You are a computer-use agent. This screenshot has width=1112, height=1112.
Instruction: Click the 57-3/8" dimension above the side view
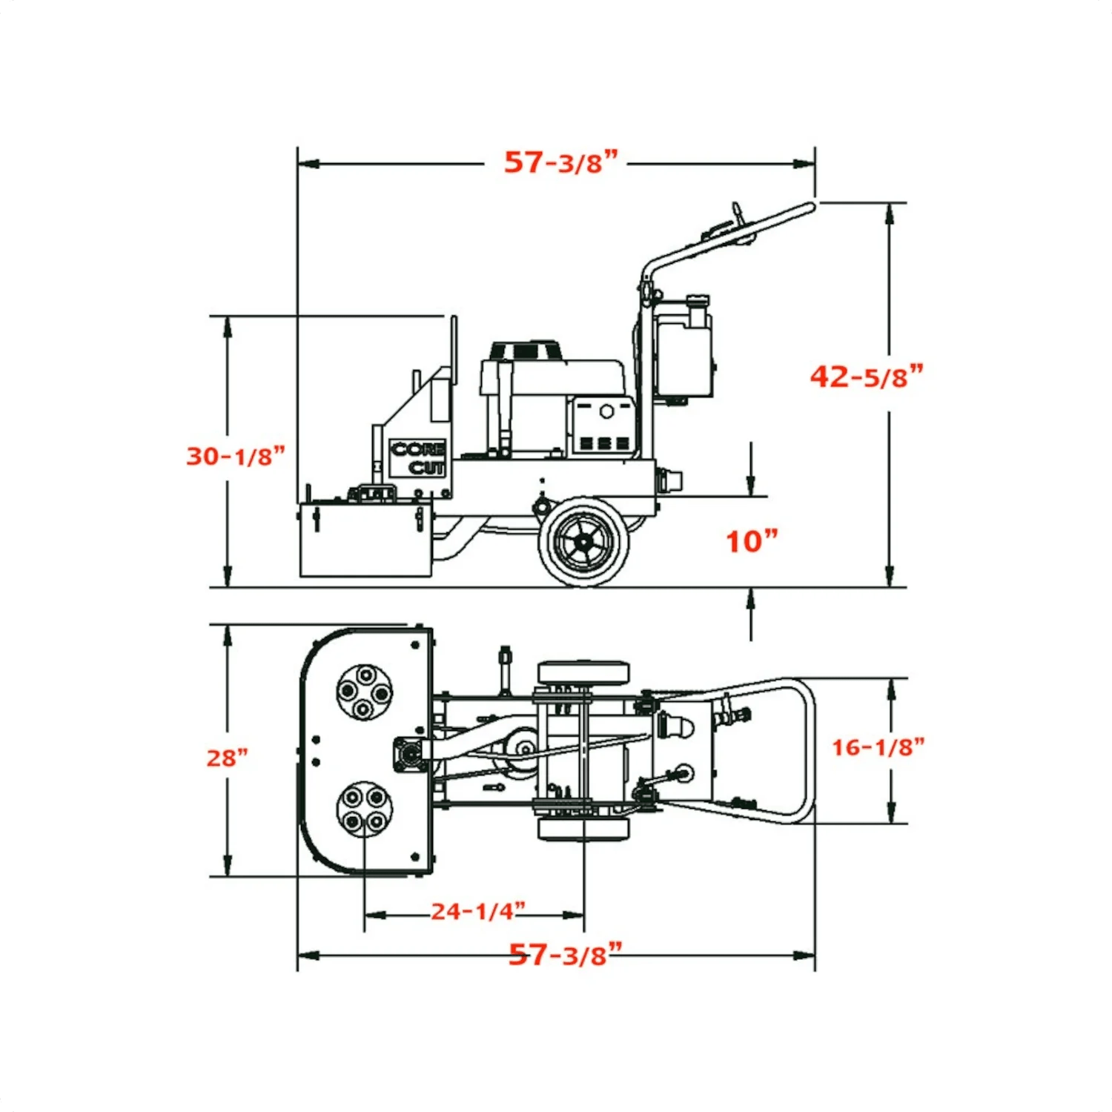click(x=560, y=162)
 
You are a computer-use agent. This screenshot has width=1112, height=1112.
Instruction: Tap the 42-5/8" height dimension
click(x=866, y=377)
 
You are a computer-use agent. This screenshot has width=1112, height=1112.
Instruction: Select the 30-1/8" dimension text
click(x=235, y=455)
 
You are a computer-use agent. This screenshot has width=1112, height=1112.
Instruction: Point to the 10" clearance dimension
click(x=751, y=541)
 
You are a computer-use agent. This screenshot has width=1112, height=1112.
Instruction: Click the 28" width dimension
click(x=227, y=758)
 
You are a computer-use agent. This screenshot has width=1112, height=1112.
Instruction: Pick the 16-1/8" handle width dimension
click(x=877, y=747)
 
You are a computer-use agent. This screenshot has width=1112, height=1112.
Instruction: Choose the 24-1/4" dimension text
click(x=478, y=910)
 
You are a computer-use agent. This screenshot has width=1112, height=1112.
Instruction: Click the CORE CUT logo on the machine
click(x=417, y=458)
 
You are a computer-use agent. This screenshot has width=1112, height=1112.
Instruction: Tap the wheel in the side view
click(x=584, y=541)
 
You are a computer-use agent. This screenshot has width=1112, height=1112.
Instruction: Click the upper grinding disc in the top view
click(x=363, y=692)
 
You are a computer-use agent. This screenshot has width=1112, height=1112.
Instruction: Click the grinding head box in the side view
click(x=365, y=540)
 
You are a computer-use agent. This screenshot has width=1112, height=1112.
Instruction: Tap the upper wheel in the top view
click(x=583, y=673)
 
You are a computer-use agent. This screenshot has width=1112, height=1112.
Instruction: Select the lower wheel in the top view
click(x=583, y=830)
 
